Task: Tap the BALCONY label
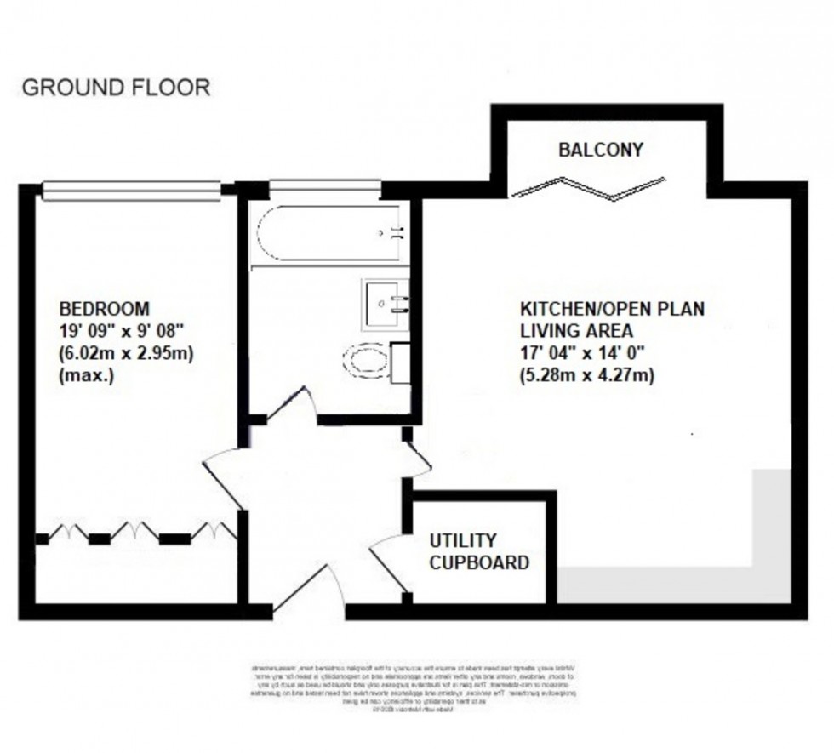[601, 150]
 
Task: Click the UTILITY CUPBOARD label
[479, 551]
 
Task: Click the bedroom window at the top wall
[132, 189]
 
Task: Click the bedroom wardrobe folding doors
[136, 533]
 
